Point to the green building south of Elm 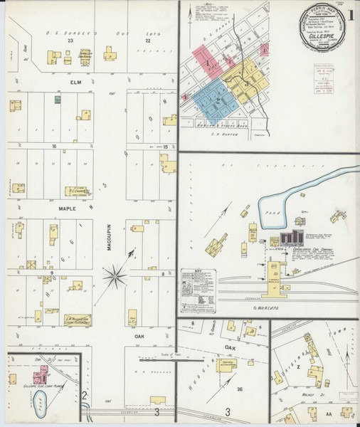pyautogui.click(x=58, y=100)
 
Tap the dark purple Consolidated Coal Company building pyautogui.click(x=291, y=238)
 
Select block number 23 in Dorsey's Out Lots pyautogui.click(x=70, y=41)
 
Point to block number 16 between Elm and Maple pyautogui.click(x=53, y=145)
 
